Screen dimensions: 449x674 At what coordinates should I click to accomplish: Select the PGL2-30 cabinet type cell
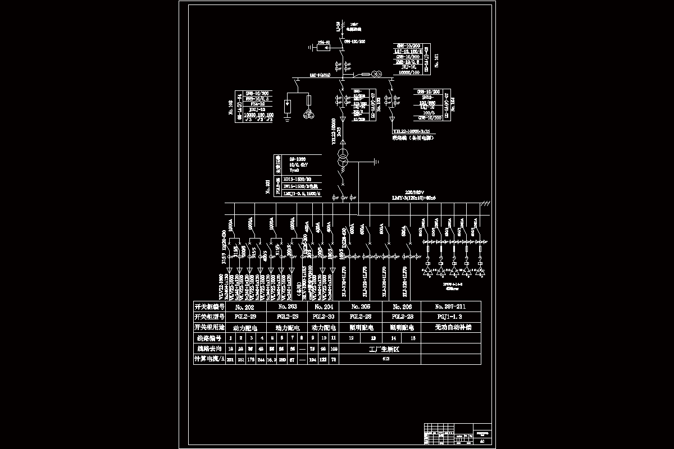(x=323, y=317)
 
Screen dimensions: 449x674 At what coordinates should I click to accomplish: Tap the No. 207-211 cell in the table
(x=453, y=306)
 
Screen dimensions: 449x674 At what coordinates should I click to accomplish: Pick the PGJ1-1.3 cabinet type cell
(x=453, y=317)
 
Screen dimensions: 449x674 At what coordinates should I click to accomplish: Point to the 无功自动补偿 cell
(x=453, y=327)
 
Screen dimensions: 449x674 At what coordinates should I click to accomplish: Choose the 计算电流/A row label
(x=209, y=359)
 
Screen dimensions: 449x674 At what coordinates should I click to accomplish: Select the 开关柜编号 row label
(x=209, y=306)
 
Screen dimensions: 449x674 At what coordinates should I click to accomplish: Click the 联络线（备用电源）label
(x=415, y=137)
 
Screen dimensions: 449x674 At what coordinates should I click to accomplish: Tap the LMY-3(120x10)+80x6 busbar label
(x=414, y=198)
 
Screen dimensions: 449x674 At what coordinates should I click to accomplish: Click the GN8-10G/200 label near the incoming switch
(x=354, y=41)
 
